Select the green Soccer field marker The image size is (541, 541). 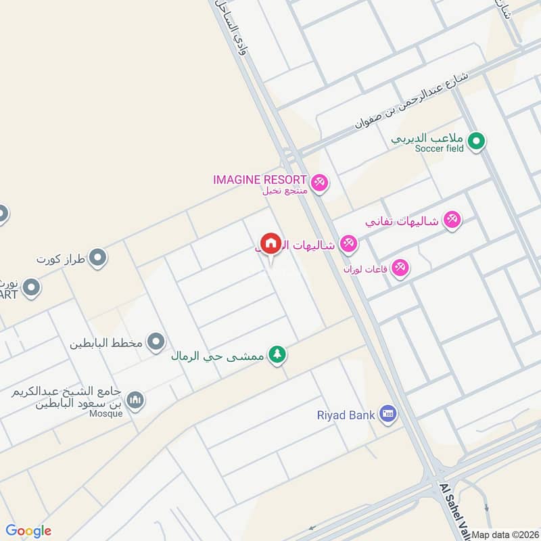(477, 141)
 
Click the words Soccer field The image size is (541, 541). (440, 148)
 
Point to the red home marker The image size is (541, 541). (270, 243)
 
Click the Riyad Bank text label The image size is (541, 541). (346, 414)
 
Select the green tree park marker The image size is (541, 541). (277, 354)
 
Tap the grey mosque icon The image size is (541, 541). (136, 401)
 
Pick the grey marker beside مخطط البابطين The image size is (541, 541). (157, 342)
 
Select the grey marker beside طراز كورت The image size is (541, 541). (98, 258)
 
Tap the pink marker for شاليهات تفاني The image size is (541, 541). (452, 219)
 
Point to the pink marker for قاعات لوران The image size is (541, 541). (400, 268)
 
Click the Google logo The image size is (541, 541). (28, 531)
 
